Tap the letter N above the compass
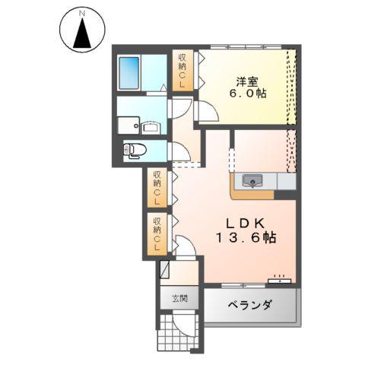tap(82, 11)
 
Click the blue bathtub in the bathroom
tap(133, 72)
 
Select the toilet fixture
tap(135, 150)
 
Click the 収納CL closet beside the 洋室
tap(183, 70)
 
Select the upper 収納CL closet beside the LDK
tap(157, 187)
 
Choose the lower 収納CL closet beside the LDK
tap(157, 233)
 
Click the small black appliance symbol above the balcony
tap(282, 278)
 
